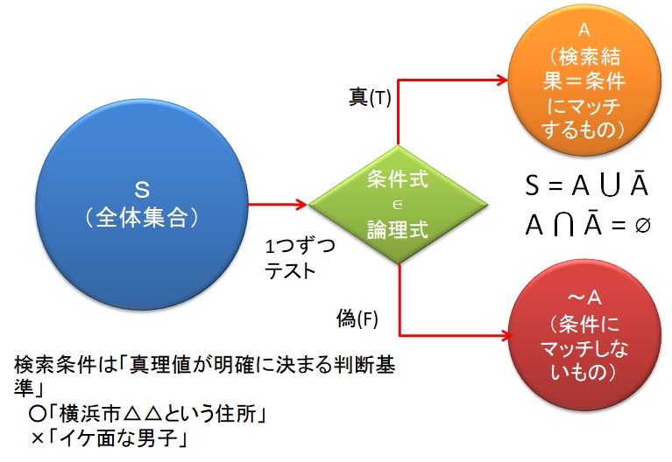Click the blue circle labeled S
[141, 206]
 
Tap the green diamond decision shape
[398, 206]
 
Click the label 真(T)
[369, 98]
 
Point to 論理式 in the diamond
[398, 230]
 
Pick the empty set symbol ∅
[642, 225]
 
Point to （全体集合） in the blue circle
[141, 216]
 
